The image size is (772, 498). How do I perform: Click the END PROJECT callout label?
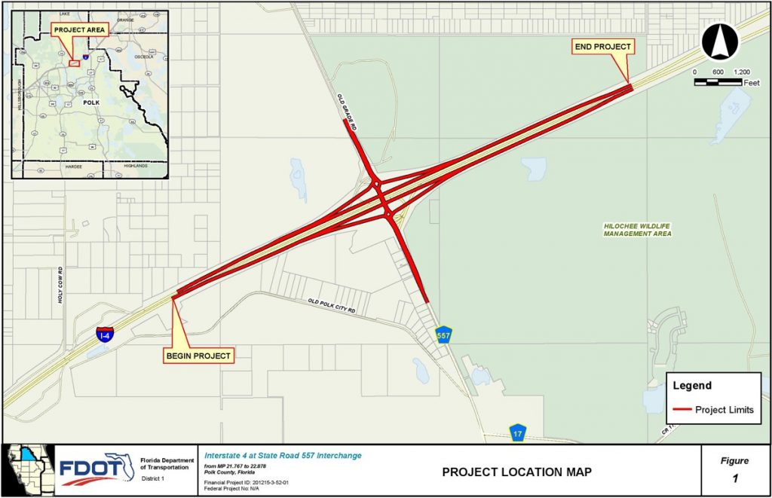click(602, 47)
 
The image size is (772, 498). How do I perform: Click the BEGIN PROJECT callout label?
click(199, 355)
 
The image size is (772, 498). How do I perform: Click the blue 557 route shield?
click(444, 334)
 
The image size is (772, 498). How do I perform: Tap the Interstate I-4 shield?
click(105, 334)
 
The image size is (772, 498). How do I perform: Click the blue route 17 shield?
click(517, 433)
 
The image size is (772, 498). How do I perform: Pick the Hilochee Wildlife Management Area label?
click(637, 230)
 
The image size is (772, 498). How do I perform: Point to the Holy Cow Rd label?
click(60, 286)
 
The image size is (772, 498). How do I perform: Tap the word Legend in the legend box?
click(692, 386)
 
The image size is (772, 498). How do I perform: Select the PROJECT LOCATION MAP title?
click(516, 472)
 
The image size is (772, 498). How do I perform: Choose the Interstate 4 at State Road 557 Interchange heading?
click(283, 455)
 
